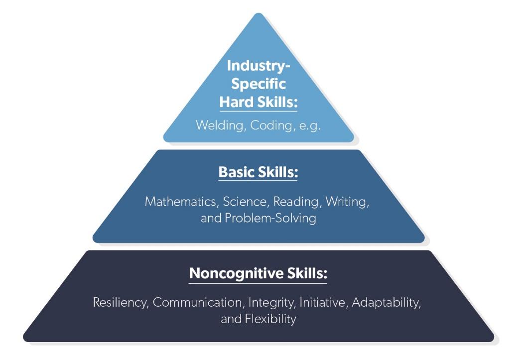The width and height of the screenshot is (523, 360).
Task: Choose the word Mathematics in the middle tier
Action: click(x=182, y=202)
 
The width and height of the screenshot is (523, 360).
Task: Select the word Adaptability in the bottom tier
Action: click(x=387, y=303)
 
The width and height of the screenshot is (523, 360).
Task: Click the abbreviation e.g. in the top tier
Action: click(x=309, y=125)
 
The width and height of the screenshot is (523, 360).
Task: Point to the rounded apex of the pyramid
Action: click(x=259, y=16)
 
